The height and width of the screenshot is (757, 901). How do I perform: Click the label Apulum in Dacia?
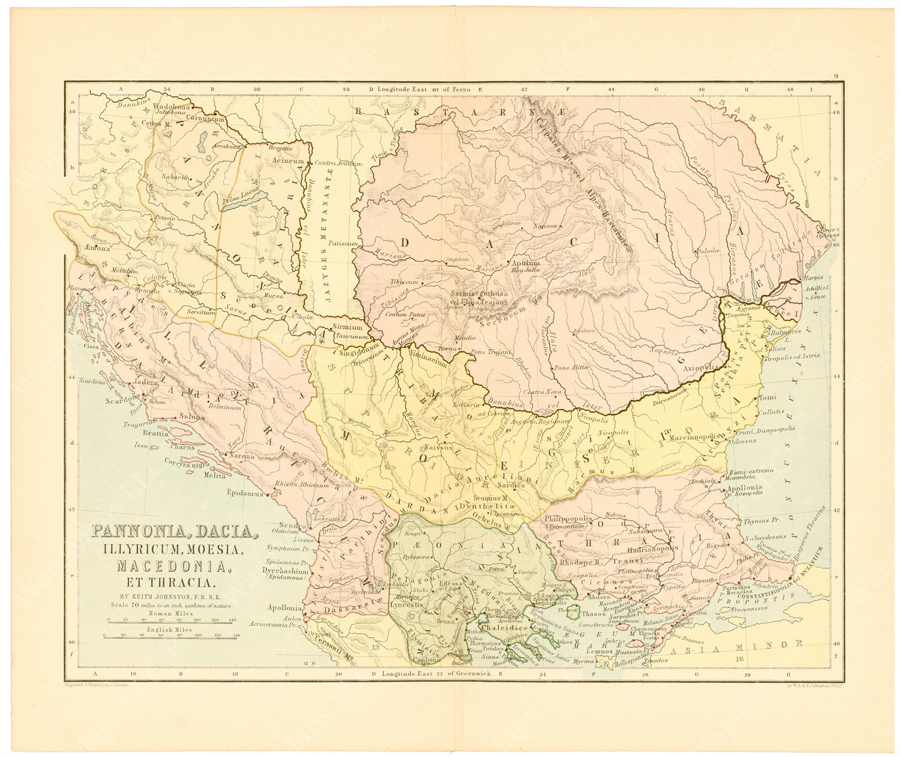pyautogui.click(x=527, y=263)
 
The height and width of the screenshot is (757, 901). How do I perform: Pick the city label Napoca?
pyautogui.click(x=544, y=226)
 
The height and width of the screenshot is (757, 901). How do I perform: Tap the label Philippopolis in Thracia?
pyautogui.click(x=568, y=518)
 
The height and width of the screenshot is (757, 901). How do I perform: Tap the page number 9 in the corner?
pyautogui.click(x=836, y=76)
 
